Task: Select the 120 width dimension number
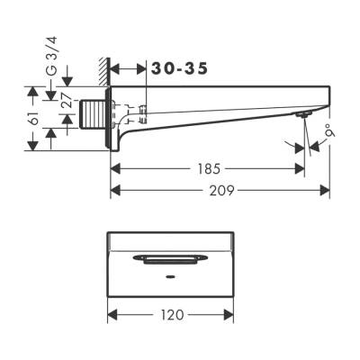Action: (171, 314)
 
